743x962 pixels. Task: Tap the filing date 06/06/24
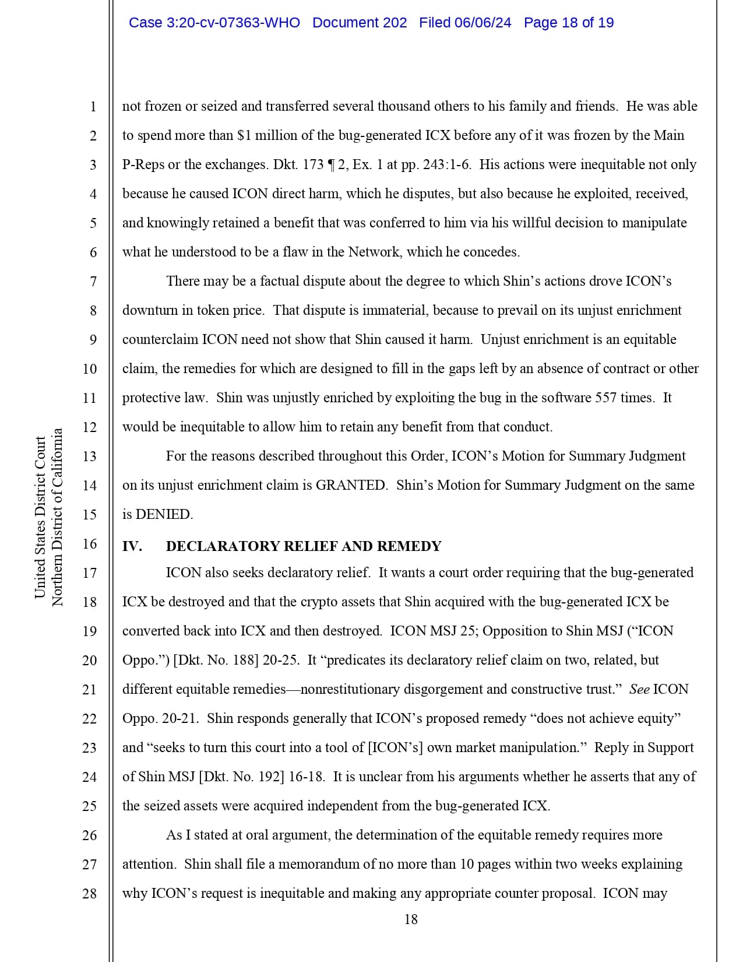click(483, 23)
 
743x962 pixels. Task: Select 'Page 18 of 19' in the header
click(568, 23)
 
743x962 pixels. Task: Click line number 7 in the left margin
click(93, 282)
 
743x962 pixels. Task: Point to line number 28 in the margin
click(89, 893)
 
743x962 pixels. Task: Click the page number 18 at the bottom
click(411, 919)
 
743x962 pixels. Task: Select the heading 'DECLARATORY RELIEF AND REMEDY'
click(304, 546)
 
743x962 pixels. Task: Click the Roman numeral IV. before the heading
click(132, 546)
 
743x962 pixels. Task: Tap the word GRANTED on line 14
click(350, 485)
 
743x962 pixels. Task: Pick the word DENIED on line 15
click(164, 514)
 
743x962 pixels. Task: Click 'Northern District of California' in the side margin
click(57, 517)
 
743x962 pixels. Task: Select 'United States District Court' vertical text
click(40, 517)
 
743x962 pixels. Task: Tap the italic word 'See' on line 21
click(639, 689)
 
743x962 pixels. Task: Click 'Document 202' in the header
click(360, 23)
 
